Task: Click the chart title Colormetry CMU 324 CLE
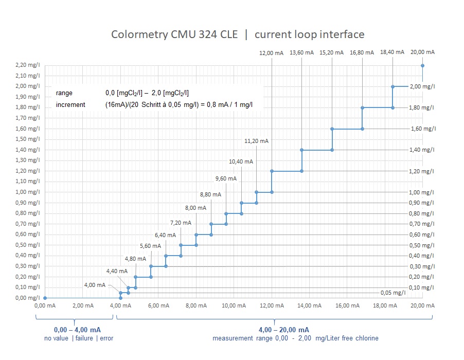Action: tap(174, 34)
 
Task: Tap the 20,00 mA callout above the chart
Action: tap(423, 52)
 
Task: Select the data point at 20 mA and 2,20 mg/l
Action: tap(423, 65)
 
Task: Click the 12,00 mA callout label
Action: tap(271, 52)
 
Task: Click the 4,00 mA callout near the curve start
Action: tap(95, 285)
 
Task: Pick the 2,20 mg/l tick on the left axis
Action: tap(29, 65)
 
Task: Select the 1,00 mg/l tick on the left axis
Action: tap(29, 192)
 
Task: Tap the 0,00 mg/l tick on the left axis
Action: tap(29, 298)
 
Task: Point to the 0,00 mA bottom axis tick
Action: tap(45, 306)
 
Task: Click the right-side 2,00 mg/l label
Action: tap(422, 86)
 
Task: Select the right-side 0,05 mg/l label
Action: tap(393, 293)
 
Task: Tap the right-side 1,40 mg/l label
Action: tap(422, 150)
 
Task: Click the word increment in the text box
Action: tap(70, 104)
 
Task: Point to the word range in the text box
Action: tap(64, 93)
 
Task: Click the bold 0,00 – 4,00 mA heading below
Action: tap(77, 329)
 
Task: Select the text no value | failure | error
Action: tap(79, 338)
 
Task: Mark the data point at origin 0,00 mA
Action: tap(45, 298)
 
